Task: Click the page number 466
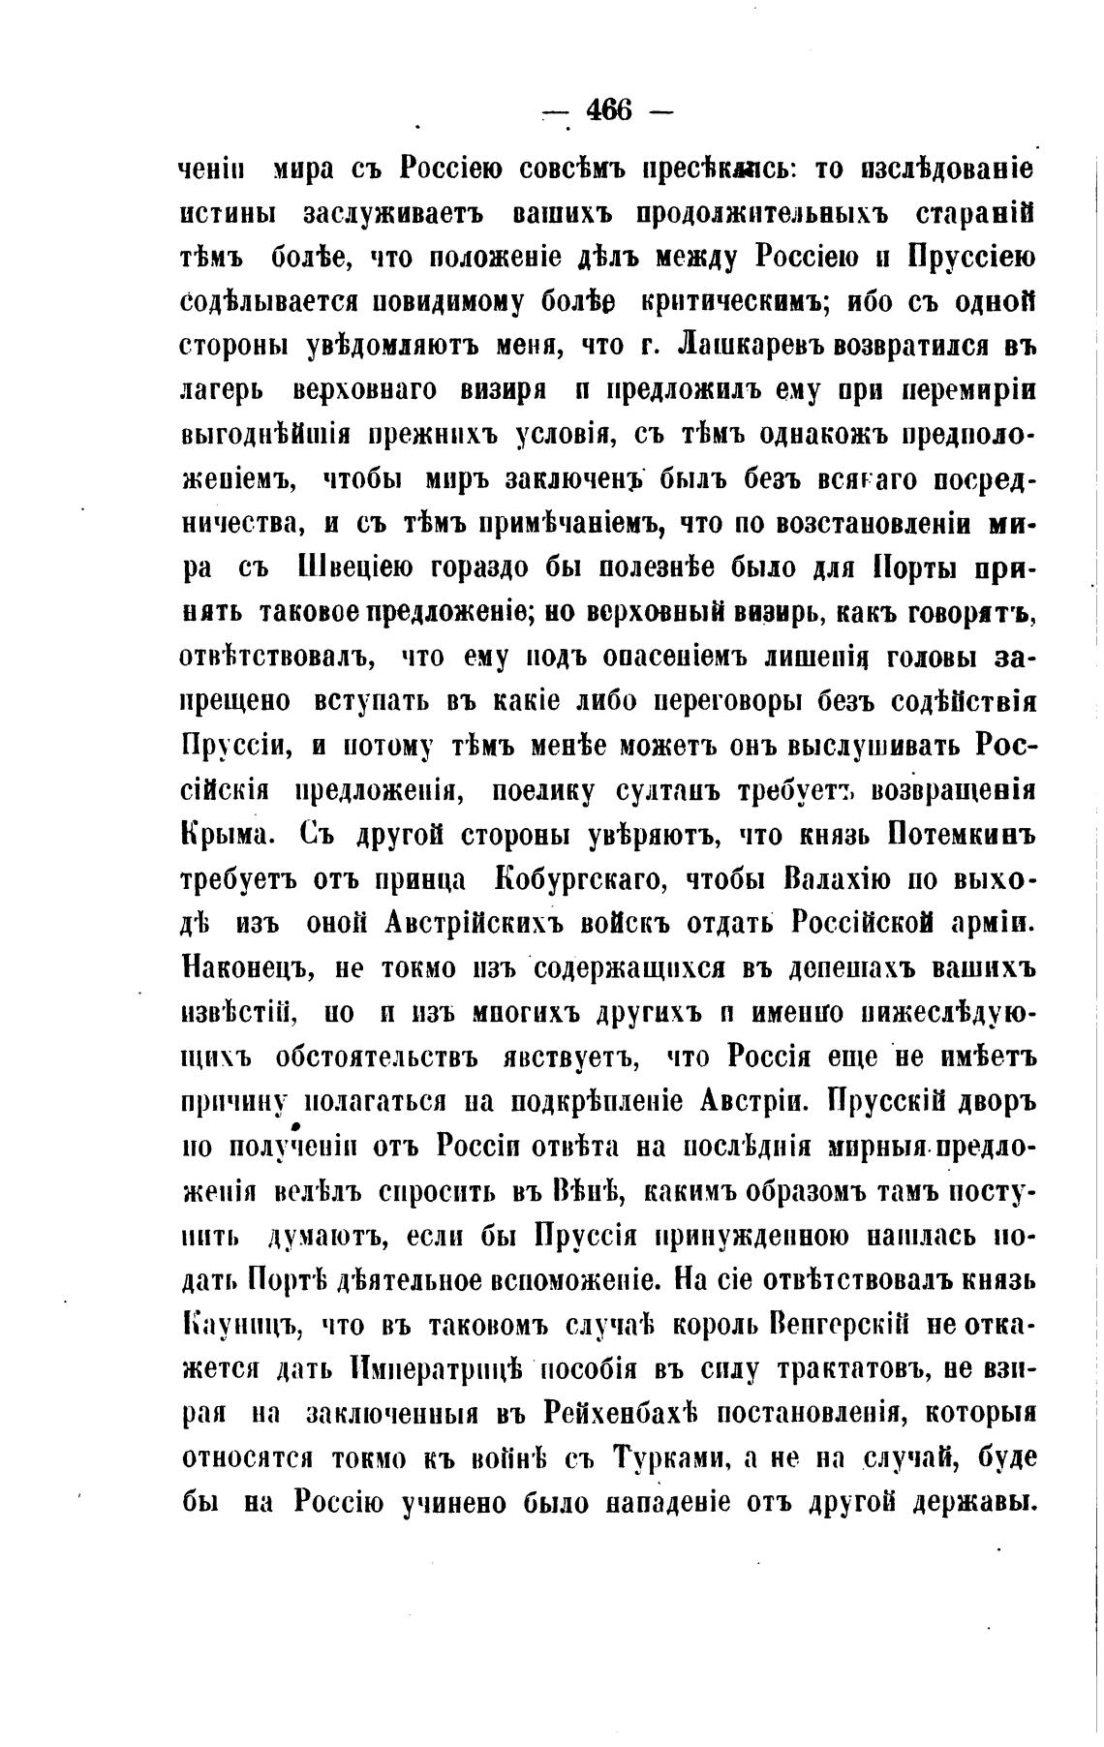click(608, 111)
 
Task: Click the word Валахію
click(843, 878)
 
